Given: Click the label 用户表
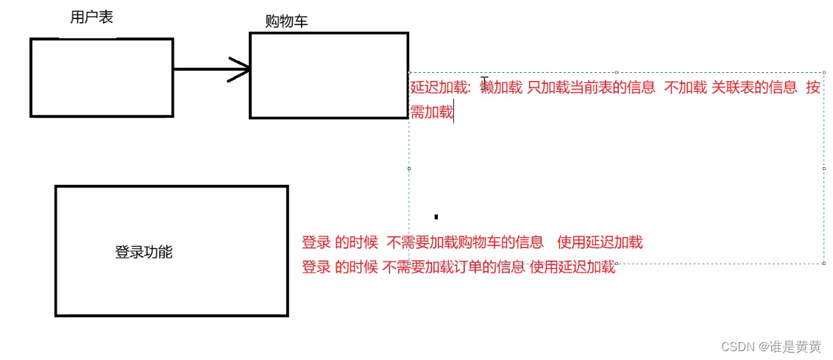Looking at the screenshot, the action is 91,18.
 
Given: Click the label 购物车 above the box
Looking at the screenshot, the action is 286,22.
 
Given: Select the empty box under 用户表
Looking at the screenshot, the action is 102,77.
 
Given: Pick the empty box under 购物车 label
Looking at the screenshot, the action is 328,75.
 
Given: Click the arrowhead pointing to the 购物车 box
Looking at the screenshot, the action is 241,70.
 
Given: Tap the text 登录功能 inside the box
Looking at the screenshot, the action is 143,252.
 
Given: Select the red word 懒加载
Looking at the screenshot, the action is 501,88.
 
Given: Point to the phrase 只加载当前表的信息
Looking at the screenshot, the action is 591,88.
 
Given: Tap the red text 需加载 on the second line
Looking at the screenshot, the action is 432,113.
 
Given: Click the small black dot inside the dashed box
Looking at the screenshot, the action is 436,216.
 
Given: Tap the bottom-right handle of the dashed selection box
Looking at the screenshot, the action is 823,263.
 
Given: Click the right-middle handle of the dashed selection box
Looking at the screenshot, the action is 823,168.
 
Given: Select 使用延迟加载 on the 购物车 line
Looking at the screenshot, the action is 600,242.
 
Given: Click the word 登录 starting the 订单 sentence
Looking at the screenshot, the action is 316,267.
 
